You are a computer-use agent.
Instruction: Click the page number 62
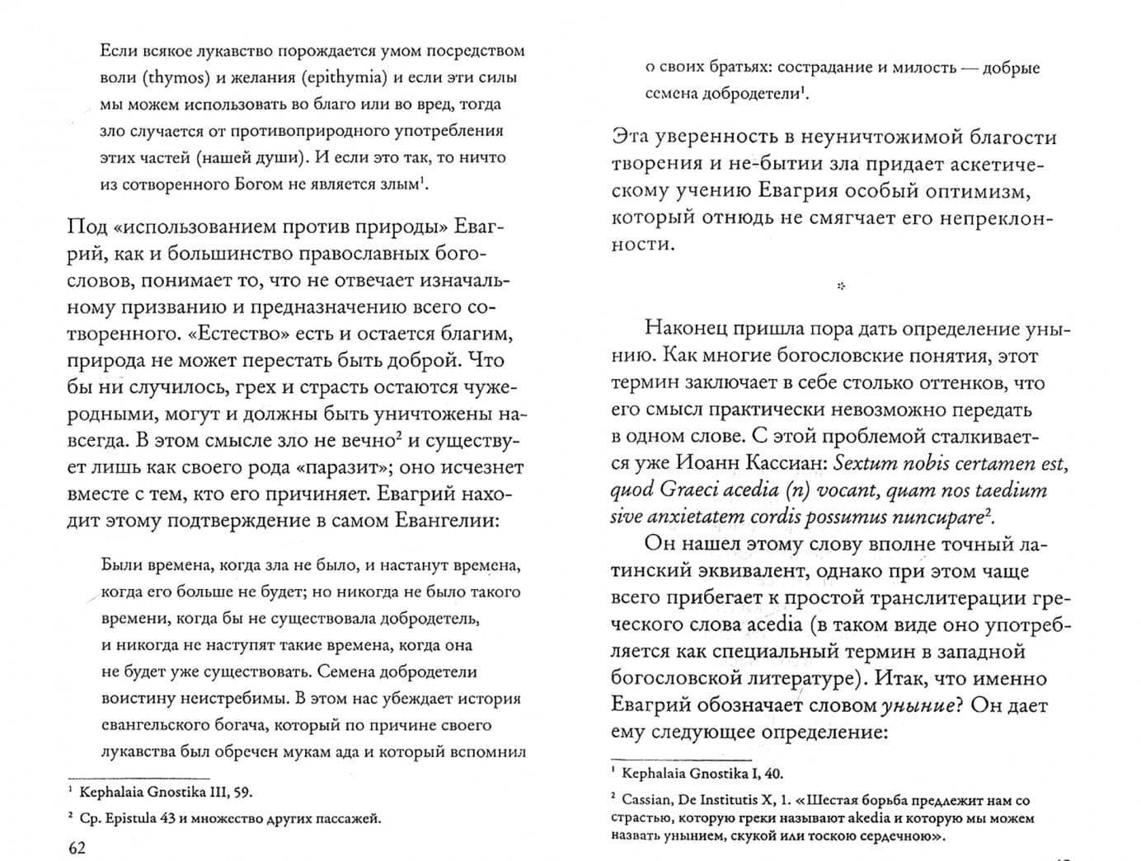tap(76, 848)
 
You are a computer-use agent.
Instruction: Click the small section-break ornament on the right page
tap(840, 287)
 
